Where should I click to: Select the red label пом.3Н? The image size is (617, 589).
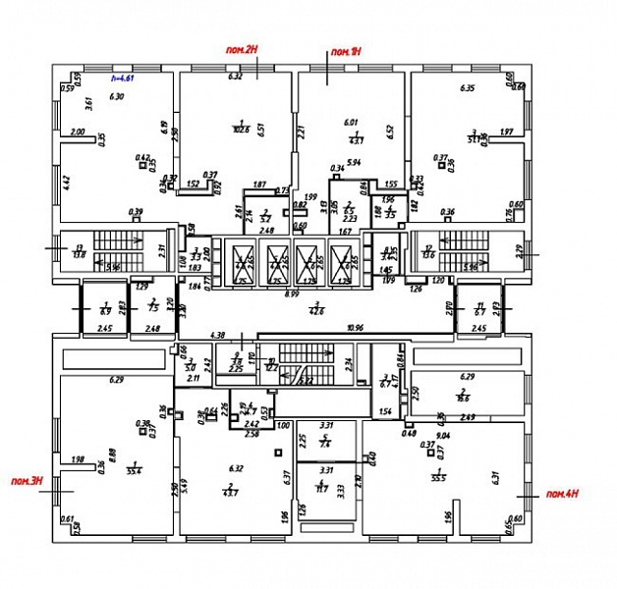[26, 479]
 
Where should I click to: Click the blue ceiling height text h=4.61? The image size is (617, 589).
[122, 77]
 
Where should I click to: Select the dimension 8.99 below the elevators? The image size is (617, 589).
[293, 293]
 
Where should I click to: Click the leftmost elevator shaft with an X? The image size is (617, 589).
[242, 262]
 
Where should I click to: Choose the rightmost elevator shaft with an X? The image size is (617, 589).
[341, 262]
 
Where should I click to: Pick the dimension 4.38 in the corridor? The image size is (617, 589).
[219, 335]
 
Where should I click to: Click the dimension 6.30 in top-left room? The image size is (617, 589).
[118, 96]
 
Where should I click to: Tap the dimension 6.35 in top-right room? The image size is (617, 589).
[467, 88]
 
